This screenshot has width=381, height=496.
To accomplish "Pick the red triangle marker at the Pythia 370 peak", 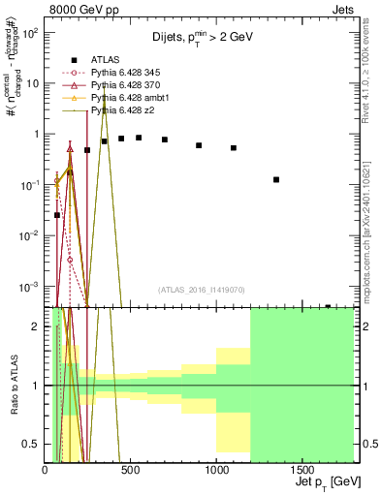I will click(70, 148).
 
